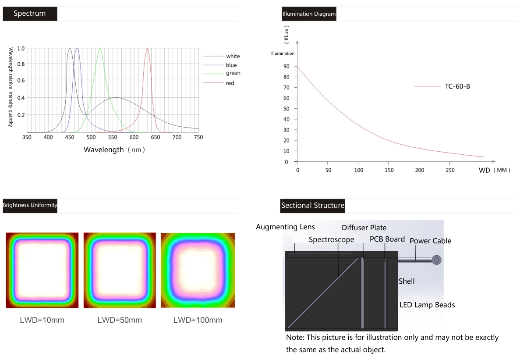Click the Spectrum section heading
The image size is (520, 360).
[x=30, y=14]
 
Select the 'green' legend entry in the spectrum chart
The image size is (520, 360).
[x=233, y=73]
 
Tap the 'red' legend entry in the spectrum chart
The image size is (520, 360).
[x=230, y=83]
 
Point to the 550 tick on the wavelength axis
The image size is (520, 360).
[x=113, y=138]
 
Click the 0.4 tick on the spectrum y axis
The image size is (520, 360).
[x=21, y=98]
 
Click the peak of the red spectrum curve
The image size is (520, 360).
[x=147, y=49]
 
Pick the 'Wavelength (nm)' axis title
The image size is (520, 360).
[x=114, y=150]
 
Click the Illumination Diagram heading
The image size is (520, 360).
[x=309, y=14]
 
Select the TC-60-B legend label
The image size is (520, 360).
[x=457, y=86]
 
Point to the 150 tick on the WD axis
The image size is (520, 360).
[x=389, y=170]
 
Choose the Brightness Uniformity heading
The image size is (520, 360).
[x=30, y=205]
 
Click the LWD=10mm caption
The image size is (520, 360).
[x=42, y=320]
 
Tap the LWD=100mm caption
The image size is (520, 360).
[x=198, y=320]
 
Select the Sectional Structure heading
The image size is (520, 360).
[x=313, y=205]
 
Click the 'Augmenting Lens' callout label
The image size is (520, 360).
[x=285, y=227]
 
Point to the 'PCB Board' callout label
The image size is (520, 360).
[x=387, y=239]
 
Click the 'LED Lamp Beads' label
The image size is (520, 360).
[x=427, y=305]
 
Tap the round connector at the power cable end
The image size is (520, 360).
[x=436, y=260]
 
